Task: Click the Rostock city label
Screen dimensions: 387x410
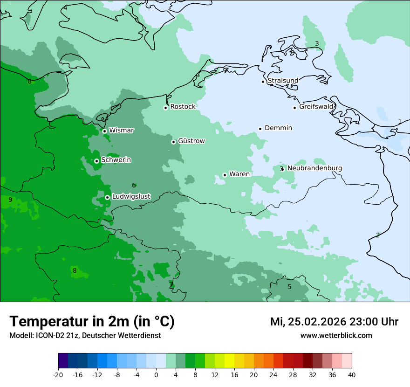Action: (x=183, y=107)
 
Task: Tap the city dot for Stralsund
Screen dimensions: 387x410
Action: (x=263, y=82)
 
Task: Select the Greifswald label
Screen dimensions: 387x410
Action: (x=316, y=107)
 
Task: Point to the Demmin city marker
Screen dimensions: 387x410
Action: (x=260, y=129)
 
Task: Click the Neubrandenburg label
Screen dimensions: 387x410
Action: (x=314, y=168)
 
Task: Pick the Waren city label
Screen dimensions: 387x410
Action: (x=239, y=174)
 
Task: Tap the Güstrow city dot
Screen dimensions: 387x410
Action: (x=173, y=142)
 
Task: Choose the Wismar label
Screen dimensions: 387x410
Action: (x=121, y=130)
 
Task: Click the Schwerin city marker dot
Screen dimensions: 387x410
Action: (x=96, y=161)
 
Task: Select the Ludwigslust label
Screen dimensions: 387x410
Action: (x=131, y=197)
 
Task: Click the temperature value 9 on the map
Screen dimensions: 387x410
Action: (x=10, y=200)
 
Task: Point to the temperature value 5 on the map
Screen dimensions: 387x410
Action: (x=289, y=287)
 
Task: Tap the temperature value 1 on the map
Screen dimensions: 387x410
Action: (x=399, y=121)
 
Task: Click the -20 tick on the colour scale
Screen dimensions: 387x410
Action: (x=58, y=374)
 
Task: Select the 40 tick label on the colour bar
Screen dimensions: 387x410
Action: (x=351, y=374)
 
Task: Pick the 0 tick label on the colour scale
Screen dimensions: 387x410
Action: (x=156, y=374)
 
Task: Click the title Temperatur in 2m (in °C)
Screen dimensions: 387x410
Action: (x=92, y=321)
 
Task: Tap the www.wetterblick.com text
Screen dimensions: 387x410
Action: (x=336, y=335)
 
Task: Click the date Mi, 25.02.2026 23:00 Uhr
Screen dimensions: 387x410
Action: (x=334, y=322)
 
